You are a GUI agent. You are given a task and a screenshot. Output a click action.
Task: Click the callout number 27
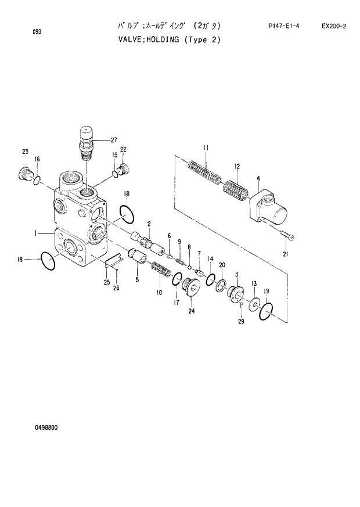[x=113, y=140]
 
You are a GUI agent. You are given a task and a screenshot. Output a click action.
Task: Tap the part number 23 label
[x=25, y=152]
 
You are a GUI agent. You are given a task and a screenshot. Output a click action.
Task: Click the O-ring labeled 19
[x=265, y=312]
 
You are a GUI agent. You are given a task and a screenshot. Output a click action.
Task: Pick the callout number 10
[x=159, y=293]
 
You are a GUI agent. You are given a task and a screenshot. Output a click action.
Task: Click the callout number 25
[x=107, y=282]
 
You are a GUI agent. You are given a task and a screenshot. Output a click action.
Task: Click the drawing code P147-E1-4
[x=283, y=26]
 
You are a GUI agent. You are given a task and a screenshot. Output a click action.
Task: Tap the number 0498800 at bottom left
[x=45, y=428]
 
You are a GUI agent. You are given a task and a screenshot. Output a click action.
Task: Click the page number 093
[x=37, y=33]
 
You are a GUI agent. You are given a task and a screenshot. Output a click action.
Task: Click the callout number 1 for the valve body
[x=35, y=233]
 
